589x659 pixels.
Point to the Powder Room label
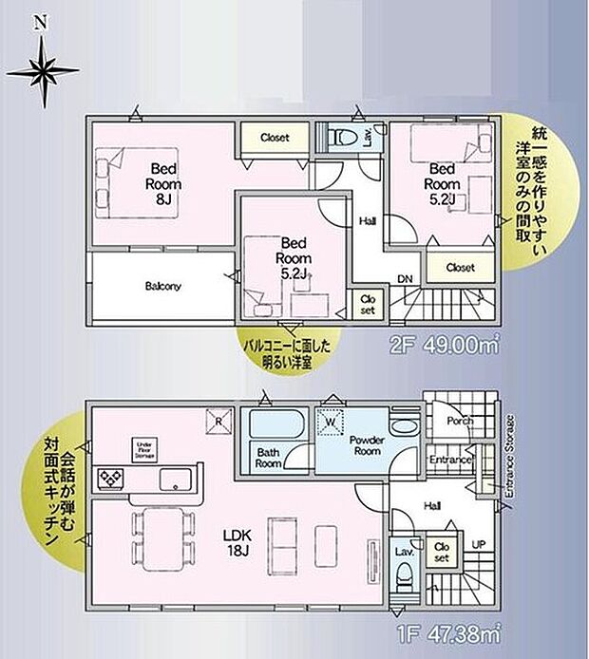[364, 445]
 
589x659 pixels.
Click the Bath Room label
[268, 460]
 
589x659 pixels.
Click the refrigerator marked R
[218, 420]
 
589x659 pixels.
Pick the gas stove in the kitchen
[110, 478]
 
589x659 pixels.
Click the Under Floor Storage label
[145, 451]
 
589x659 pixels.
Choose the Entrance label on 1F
[450, 461]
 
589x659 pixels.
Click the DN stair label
[405, 279]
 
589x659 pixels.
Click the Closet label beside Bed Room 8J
[274, 139]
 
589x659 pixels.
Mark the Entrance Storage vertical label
[510, 456]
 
